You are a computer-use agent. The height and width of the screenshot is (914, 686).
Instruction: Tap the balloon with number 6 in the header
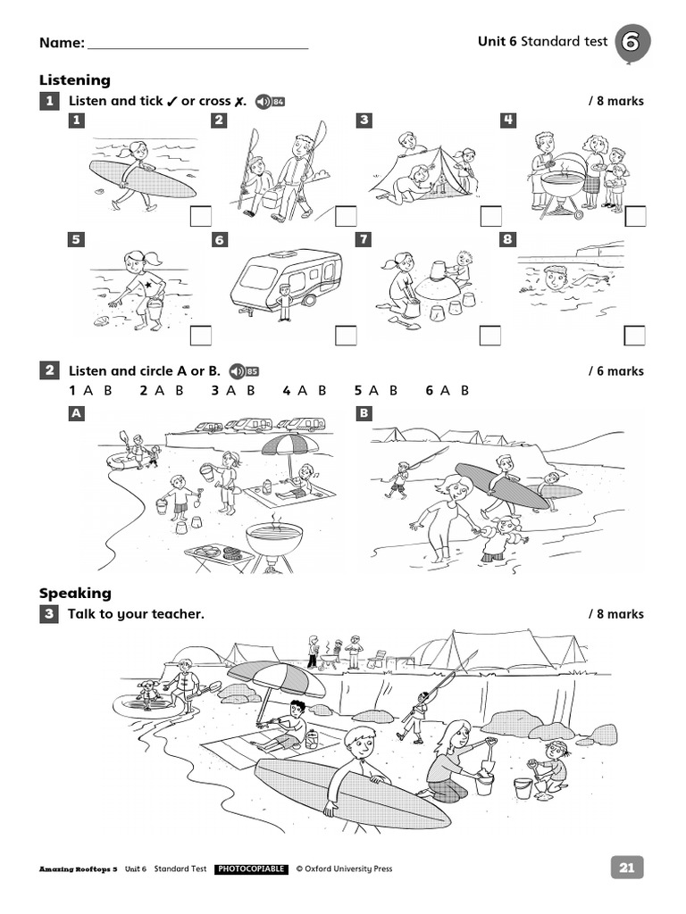click(x=632, y=42)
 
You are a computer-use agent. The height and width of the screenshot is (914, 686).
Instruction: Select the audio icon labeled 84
click(x=270, y=101)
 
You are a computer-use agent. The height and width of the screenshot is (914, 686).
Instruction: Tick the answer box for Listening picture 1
click(x=201, y=215)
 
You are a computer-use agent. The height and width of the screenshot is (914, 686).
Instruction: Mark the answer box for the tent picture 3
click(x=490, y=215)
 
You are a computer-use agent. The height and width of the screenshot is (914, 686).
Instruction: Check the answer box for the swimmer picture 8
click(x=634, y=335)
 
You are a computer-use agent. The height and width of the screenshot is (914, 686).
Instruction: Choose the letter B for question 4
click(x=322, y=390)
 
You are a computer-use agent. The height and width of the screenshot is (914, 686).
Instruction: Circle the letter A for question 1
click(x=88, y=390)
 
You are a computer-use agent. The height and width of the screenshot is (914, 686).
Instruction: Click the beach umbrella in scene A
click(x=289, y=444)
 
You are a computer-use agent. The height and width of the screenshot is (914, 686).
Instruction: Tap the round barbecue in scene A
click(x=273, y=538)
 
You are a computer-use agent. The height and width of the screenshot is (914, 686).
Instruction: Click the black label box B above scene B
click(x=364, y=413)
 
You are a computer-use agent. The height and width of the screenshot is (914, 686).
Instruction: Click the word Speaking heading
click(x=75, y=593)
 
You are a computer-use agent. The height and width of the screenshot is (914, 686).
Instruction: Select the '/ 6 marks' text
click(x=615, y=371)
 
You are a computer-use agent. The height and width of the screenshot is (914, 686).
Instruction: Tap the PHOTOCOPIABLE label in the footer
click(x=251, y=868)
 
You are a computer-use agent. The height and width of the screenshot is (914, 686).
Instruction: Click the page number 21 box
click(x=626, y=868)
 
